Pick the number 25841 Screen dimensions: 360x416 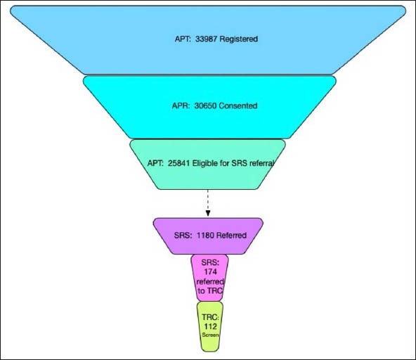point(181,164)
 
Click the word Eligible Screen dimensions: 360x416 point(214,164)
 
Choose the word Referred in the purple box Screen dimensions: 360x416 point(233,235)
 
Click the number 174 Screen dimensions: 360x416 point(208,271)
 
